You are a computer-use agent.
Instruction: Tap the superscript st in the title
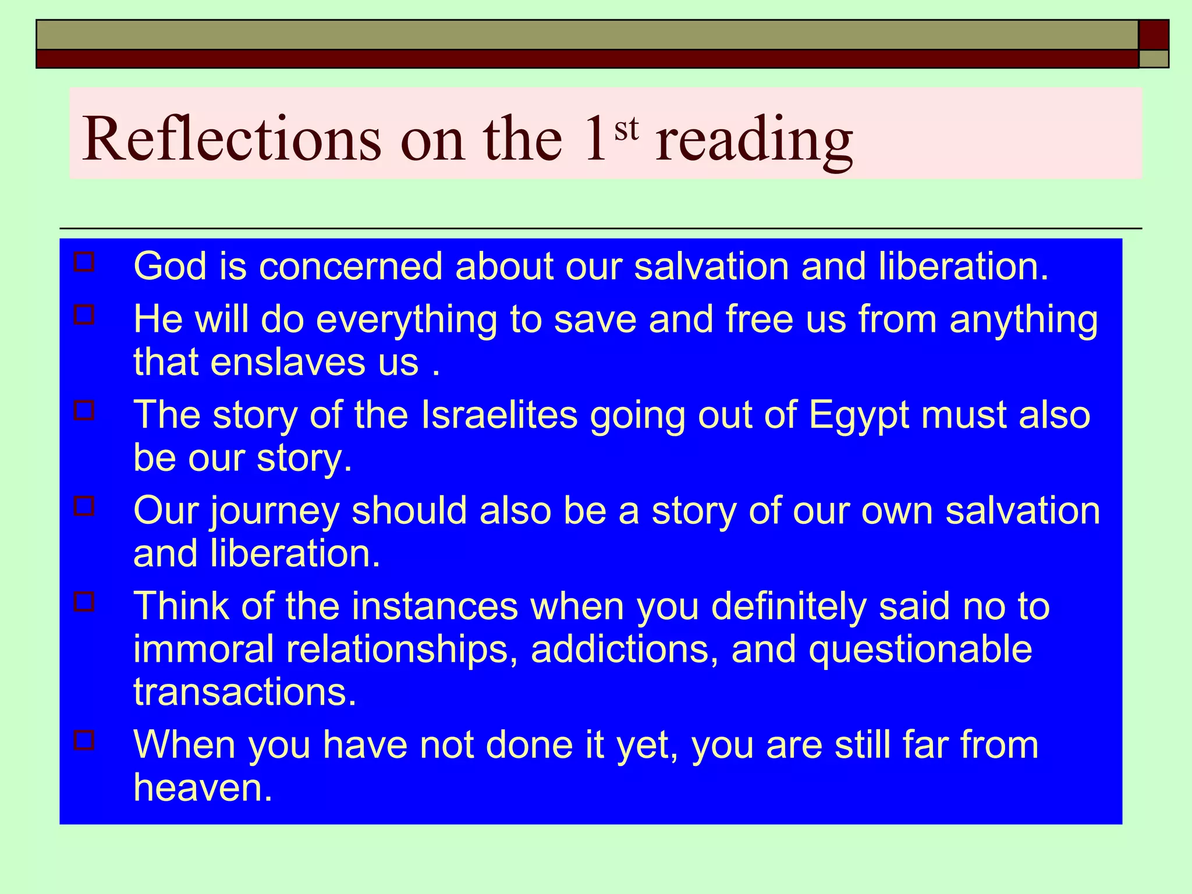(x=626, y=129)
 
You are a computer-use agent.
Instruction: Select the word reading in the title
(x=754, y=141)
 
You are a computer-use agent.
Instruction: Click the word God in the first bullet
(x=170, y=266)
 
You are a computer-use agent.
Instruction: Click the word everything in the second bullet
(x=406, y=320)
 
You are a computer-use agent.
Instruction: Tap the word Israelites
(x=499, y=415)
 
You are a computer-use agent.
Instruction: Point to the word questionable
(x=921, y=650)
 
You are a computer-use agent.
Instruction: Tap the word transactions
(x=244, y=692)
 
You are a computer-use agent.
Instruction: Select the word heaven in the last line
(x=203, y=787)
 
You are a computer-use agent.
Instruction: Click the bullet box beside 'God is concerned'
(x=84, y=262)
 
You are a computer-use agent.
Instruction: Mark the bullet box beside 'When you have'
(x=84, y=740)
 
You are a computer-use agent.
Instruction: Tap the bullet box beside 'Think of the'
(x=84, y=601)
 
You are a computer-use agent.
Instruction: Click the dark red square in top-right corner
(x=1153, y=35)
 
